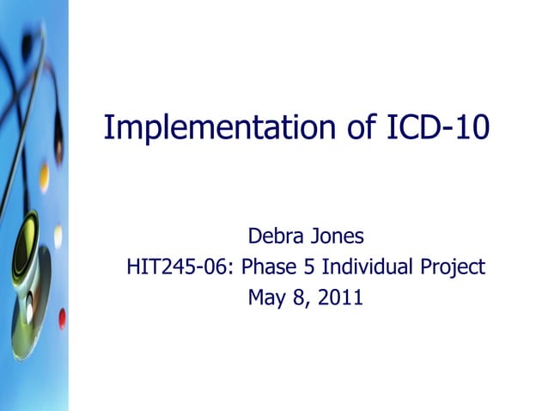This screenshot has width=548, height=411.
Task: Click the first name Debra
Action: point(273,236)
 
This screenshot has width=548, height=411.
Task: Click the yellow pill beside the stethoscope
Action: point(44,178)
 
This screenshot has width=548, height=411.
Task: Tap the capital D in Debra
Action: point(254,236)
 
